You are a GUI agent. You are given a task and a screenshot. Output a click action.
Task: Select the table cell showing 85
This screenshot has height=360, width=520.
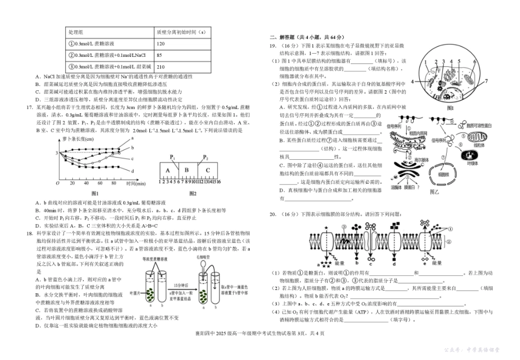[159, 55]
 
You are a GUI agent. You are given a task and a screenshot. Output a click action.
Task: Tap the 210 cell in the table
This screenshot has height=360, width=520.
[161, 67]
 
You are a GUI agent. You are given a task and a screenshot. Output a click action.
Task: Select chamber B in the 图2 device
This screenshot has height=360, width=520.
[187, 170]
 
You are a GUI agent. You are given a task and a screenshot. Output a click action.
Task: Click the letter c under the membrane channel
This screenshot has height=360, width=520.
[371, 262]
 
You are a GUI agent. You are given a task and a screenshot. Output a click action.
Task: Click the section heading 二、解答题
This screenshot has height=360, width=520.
[282, 38]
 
